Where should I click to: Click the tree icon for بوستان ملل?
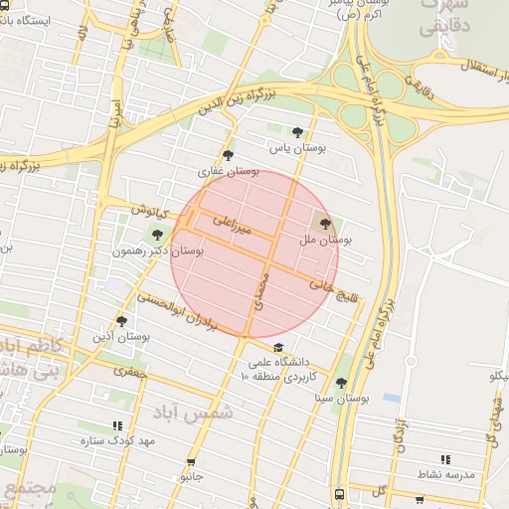pyautogui.click(x=325, y=225)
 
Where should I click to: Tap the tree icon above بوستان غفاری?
pyautogui.click(x=230, y=155)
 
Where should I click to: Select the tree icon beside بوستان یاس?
pyautogui.click(x=297, y=131)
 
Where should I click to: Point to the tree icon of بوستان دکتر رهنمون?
pyautogui.click(x=156, y=235)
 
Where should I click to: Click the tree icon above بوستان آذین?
pyautogui.click(x=122, y=321)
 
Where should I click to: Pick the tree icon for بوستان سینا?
pyautogui.click(x=341, y=383)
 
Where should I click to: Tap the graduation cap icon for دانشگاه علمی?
pyautogui.click(x=279, y=347)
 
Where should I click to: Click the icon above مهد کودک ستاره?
pyautogui.click(x=117, y=424)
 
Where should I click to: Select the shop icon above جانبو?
pyautogui.click(x=191, y=462)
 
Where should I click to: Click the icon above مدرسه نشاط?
pyautogui.click(x=444, y=459)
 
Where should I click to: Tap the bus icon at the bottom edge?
pyautogui.click(x=340, y=494)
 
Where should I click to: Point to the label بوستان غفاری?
pyautogui.click(x=229, y=172)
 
